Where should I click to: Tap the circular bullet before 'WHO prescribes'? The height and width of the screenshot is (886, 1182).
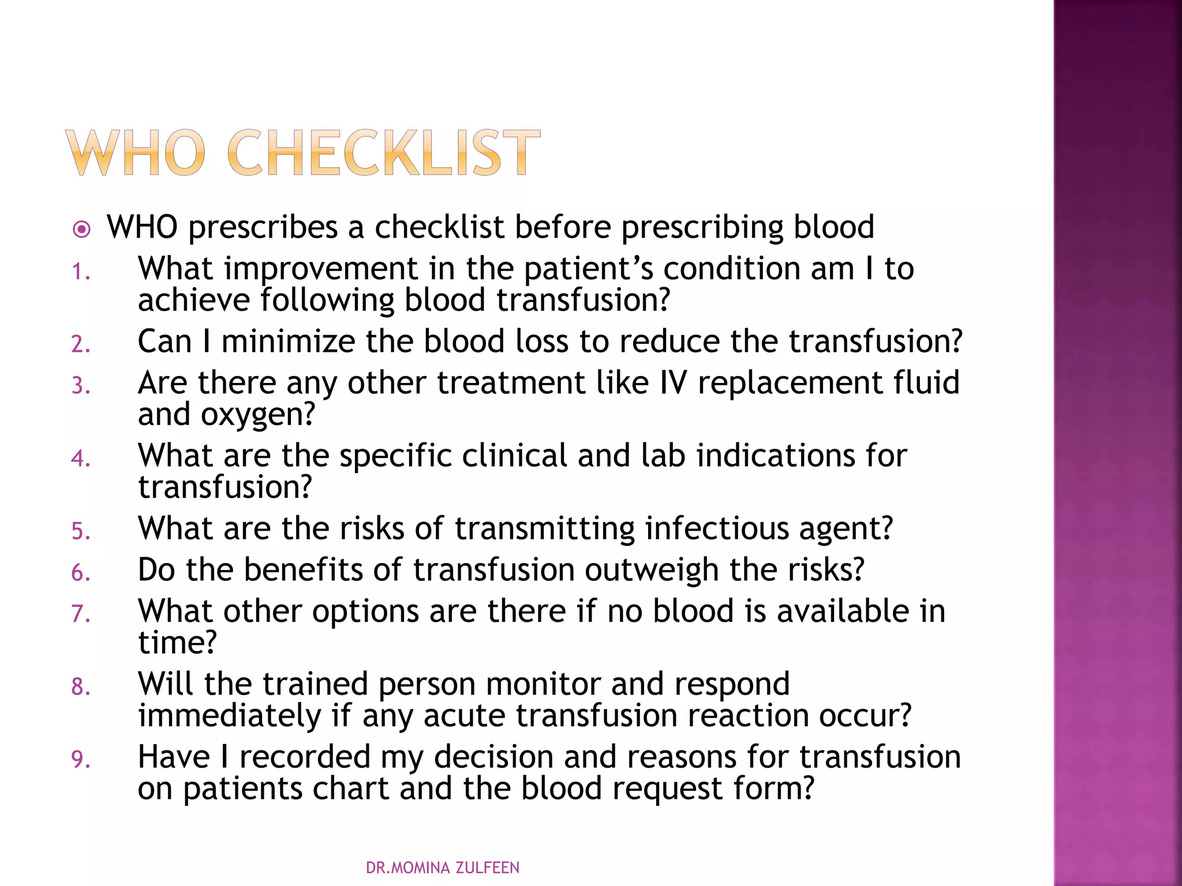[82, 230]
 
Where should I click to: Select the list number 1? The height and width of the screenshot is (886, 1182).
[80, 272]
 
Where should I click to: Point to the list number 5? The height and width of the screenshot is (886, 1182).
[80, 531]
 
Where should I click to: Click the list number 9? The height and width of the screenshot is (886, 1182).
[80, 760]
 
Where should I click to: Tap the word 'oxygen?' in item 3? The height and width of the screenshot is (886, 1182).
[258, 414]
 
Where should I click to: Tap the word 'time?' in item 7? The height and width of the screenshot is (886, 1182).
[177, 643]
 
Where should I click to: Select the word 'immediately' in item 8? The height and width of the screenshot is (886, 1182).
[229, 716]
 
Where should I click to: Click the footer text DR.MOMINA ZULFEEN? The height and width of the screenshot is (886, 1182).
[443, 868]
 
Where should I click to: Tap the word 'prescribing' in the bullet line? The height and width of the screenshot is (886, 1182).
[702, 227]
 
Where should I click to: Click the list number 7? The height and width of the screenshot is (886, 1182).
[80, 614]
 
